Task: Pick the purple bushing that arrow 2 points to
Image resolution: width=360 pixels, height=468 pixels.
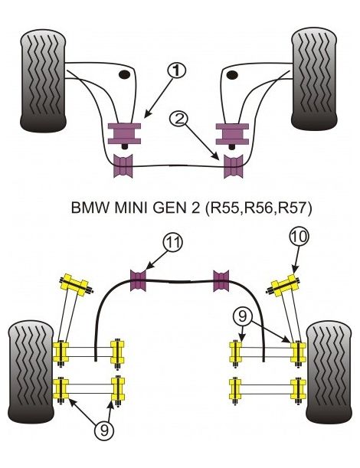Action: coord(232,165)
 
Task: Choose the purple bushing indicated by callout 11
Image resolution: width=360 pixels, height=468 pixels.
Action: coord(139,280)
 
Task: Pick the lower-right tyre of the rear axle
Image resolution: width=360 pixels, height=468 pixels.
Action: coord(329,372)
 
